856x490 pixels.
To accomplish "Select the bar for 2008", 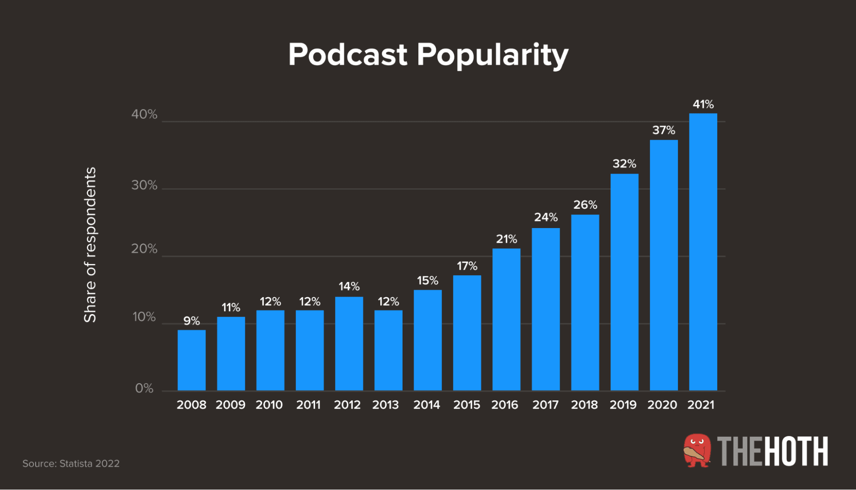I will click(x=191, y=360).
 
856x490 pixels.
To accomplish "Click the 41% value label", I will click(x=703, y=104).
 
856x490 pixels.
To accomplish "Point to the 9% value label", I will click(x=191, y=321).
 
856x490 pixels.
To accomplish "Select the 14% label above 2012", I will click(x=349, y=286).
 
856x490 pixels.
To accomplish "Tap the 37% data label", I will click(x=663, y=130).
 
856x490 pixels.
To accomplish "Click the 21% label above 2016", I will click(x=506, y=239).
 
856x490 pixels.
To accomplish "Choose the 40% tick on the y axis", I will click(x=144, y=114).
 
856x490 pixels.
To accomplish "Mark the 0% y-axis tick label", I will click(x=144, y=388).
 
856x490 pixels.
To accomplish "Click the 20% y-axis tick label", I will click(x=144, y=249).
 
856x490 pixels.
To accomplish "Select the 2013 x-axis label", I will click(x=385, y=405).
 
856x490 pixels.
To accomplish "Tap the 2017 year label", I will click(x=545, y=405).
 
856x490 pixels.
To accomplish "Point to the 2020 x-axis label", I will click(x=662, y=405).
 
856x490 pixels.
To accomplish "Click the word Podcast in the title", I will click(x=347, y=55).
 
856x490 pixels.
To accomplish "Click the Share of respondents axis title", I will click(x=90, y=244).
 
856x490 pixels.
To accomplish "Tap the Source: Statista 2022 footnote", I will click(x=71, y=463).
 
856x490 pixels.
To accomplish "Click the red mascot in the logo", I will click(x=697, y=450).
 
